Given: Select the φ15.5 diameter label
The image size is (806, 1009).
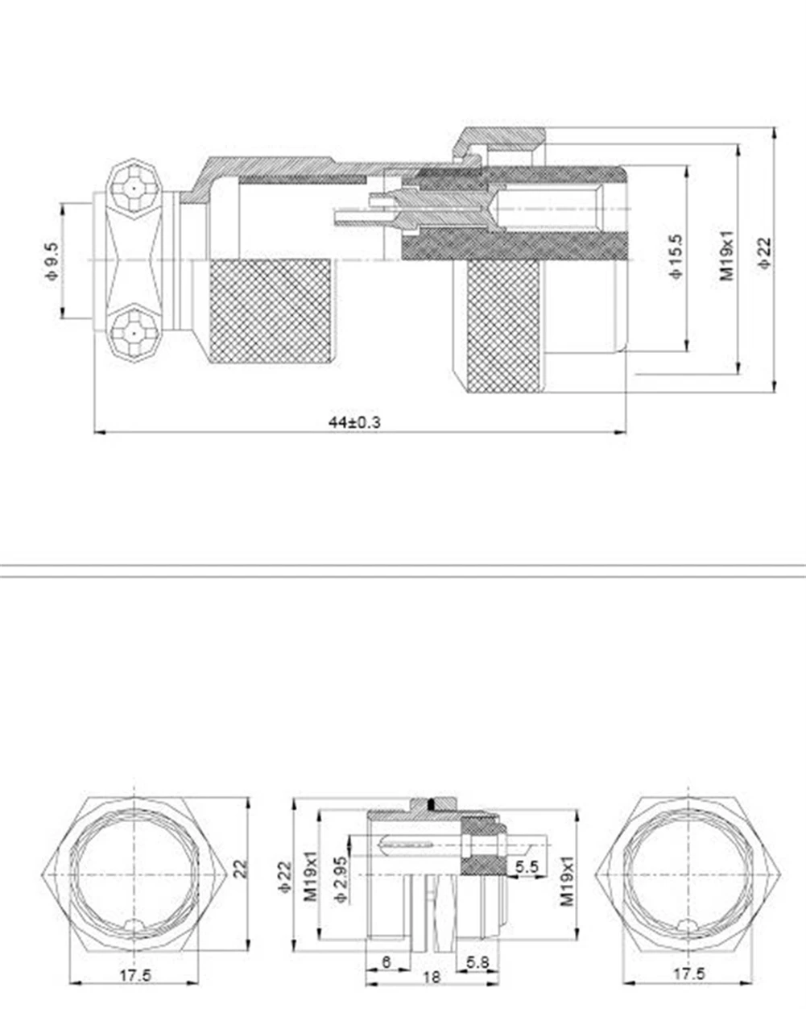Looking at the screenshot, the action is (677, 257).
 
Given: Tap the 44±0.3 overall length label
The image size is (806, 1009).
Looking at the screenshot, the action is (355, 422).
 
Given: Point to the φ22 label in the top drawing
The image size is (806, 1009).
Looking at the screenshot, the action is (765, 253).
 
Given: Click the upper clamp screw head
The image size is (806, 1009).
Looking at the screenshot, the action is (134, 189).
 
